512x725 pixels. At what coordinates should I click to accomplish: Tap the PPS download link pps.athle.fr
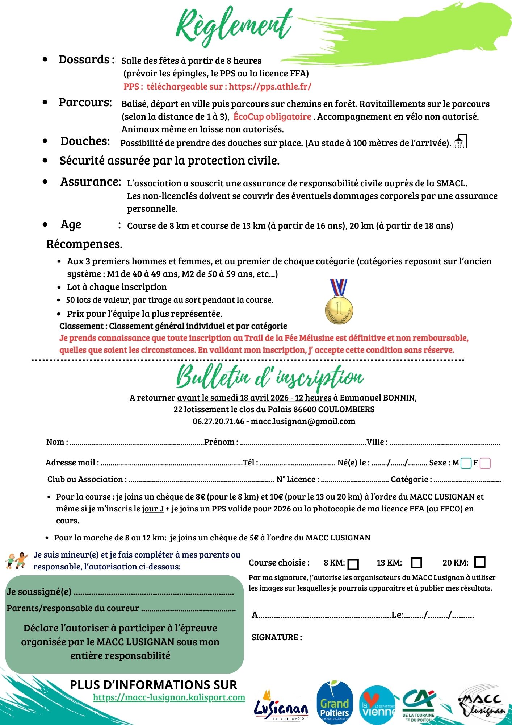pyautogui.click(x=270, y=87)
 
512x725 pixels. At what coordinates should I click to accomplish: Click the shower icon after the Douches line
pyautogui.click(x=460, y=141)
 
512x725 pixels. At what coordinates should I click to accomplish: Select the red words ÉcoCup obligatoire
pyautogui.click(x=272, y=117)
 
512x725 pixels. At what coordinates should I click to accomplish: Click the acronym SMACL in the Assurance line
pyautogui.click(x=451, y=183)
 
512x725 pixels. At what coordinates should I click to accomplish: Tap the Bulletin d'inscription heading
pyautogui.click(x=270, y=377)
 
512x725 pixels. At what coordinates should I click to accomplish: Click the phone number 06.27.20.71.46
pyautogui.click(x=218, y=421)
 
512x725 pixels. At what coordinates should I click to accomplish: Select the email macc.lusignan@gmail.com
pyautogui.click(x=303, y=421)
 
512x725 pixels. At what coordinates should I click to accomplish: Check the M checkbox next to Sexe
pyautogui.click(x=466, y=463)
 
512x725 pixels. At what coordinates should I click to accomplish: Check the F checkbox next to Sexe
pyautogui.click(x=485, y=463)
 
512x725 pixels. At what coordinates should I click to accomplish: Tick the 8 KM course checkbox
pyautogui.click(x=353, y=564)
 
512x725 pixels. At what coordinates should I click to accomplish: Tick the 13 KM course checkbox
pyautogui.click(x=416, y=563)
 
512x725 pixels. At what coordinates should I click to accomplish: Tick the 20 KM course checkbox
pyautogui.click(x=479, y=562)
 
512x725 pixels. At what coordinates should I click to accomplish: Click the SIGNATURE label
pyautogui.click(x=277, y=637)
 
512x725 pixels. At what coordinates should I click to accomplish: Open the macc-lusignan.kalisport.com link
pyautogui.click(x=169, y=697)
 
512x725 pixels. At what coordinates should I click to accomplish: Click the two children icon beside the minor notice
pyautogui.click(x=17, y=560)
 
